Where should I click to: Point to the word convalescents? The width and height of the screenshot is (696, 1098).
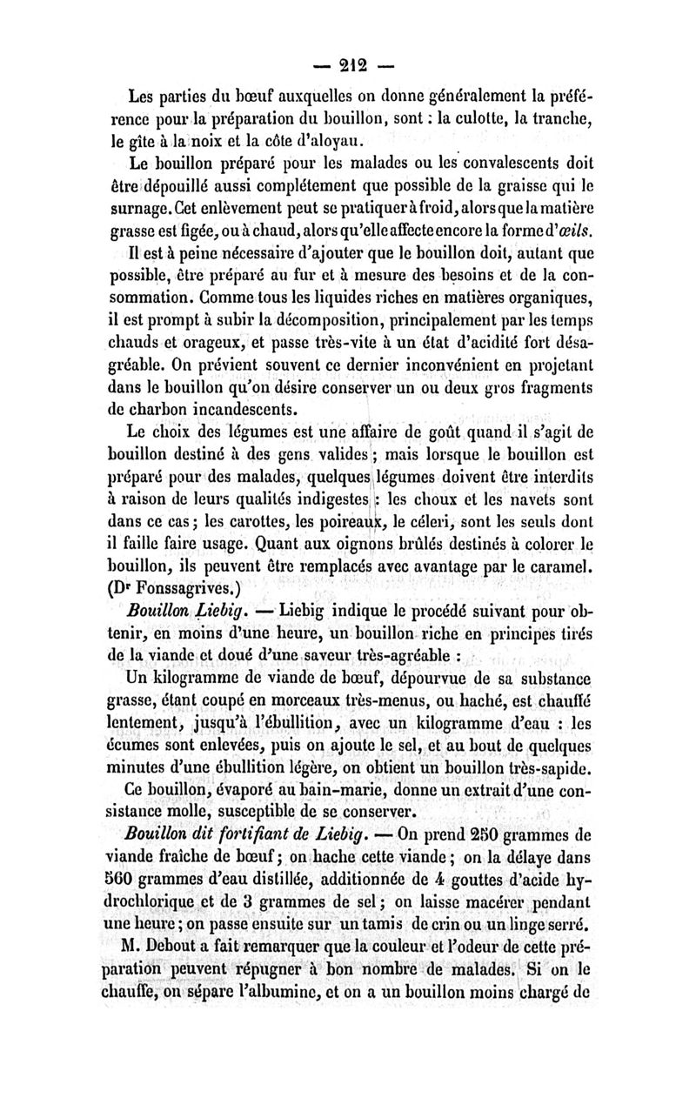514,163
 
